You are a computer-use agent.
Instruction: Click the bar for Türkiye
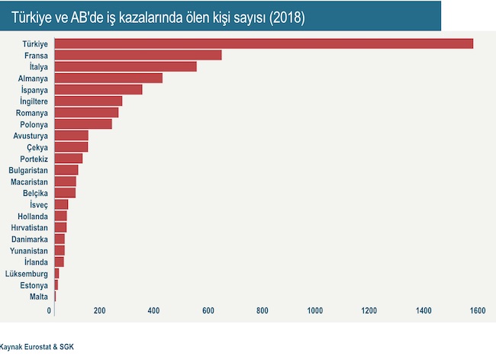point(263,43)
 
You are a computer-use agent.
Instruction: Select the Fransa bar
point(138,55)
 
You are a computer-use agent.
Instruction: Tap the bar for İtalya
point(126,66)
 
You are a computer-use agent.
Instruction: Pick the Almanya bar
point(108,78)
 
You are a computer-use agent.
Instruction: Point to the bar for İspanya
point(98,89)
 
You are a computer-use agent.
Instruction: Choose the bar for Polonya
point(83,124)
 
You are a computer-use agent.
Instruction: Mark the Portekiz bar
point(69,158)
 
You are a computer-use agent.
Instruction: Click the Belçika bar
point(65,192)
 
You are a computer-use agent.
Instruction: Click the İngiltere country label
point(31,101)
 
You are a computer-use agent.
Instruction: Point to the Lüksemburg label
point(27,273)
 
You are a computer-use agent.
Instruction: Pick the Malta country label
point(39,296)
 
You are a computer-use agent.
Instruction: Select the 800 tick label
point(262,310)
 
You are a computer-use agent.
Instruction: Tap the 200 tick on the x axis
point(99,310)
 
